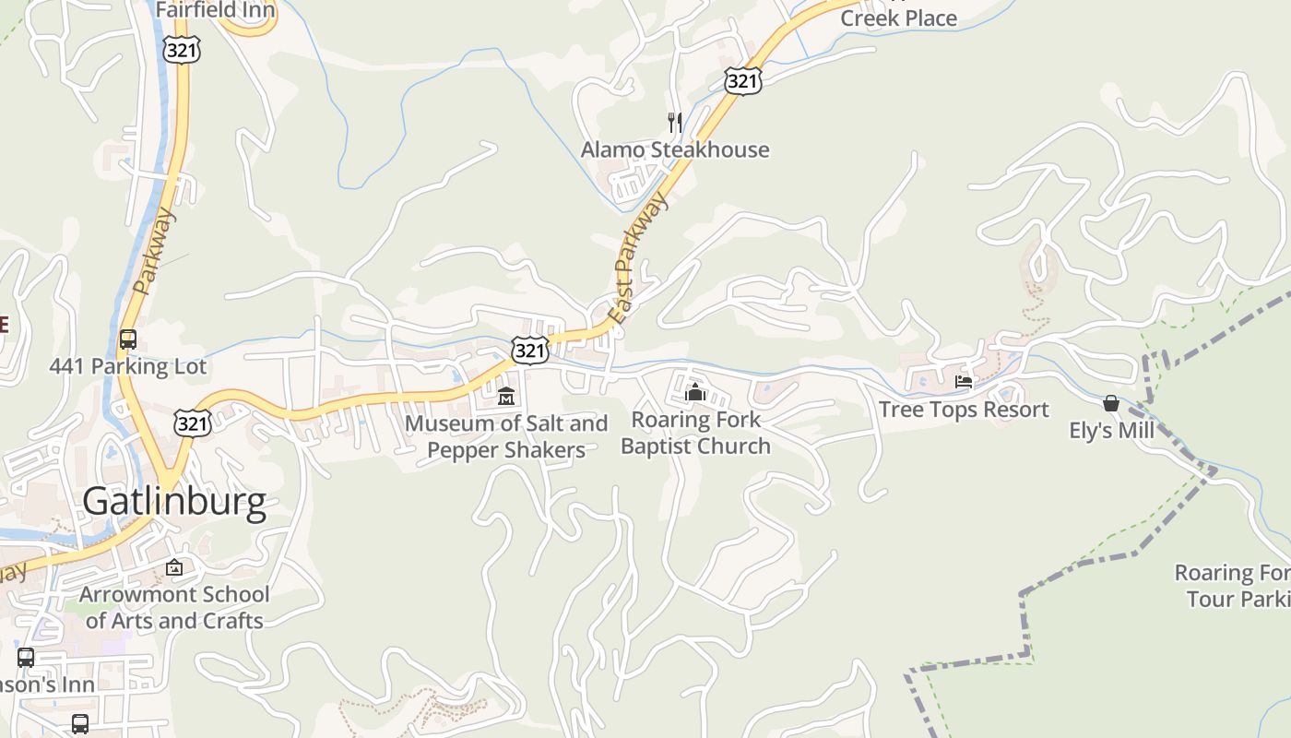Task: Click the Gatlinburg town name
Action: pyautogui.click(x=174, y=501)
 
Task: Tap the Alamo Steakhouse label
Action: pyautogui.click(x=675, y=149)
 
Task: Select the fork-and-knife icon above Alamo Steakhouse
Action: pyautogui.click(x=675, y=122)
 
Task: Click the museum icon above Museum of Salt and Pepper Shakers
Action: pyautogui.click(x=505, y=398)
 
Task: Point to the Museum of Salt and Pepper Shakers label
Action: pyautogui.click(x=506, y=437)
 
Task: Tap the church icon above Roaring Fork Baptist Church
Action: pyautogui.click(x=695, y=393)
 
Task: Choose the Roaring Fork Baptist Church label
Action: pyautogui.click(x=695, y=433)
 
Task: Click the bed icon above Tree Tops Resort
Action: pyautogui.click(x=964, y=382)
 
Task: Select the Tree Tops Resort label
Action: pyautogui.click(x=964, y=410)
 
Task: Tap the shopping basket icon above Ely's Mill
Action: pyautogui.click(x=1111, y=404)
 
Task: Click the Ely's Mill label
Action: pyautogui.click(x=1111, y=431)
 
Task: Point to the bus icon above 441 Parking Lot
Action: pyautogui.click(x=128, y=339)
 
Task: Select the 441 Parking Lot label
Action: pyautogui.click(x=128, y=366)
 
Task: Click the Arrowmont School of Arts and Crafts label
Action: pyautogui.click(x=174, y=607)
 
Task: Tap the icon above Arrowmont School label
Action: pyautogui.click(x=174, y=567)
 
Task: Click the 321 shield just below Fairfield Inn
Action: pyautogui.click(x=181, y=49)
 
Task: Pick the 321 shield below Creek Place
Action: pyautogui.click(x=742, y=80)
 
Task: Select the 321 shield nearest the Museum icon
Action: pyautogui.click(x=530, y=350)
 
